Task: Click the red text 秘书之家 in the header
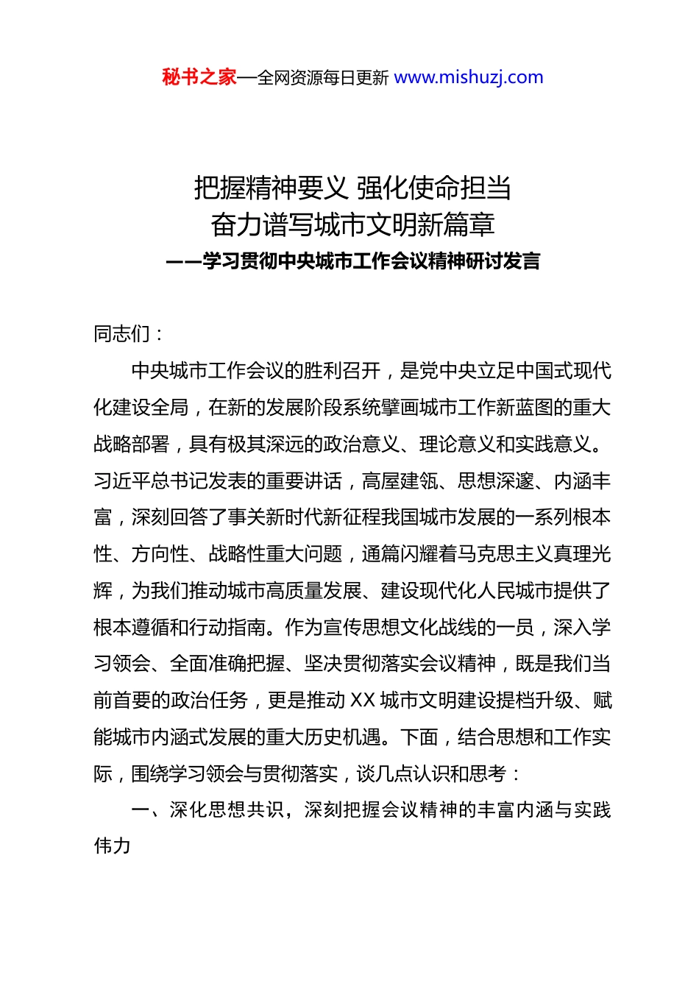(199, 77)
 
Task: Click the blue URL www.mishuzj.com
(469, 77)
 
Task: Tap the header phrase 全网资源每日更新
(323, 78)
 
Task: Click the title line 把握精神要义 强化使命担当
(352, 188)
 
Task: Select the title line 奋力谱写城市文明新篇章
(352, 224)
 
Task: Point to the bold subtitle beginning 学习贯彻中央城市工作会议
(371, 261)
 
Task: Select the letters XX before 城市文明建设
(363, 701)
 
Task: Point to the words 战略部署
(132, 444)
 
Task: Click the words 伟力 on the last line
(113, 846)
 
